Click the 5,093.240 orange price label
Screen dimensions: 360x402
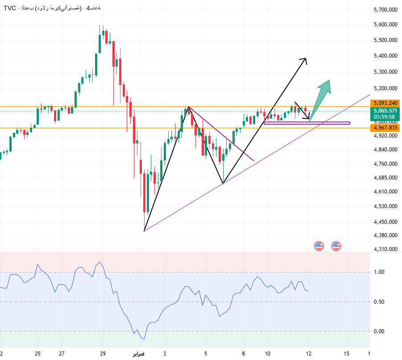(386, 103)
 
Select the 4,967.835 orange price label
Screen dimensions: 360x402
(386, 128)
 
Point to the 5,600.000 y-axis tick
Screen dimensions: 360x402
(386, 25)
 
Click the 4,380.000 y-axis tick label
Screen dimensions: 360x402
(386, 235)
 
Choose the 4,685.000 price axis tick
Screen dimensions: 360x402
(386, 178)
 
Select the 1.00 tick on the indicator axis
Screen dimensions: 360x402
(379, 272)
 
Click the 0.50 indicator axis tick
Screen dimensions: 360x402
(379, 302)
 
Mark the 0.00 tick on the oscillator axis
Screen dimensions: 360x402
(379, 331)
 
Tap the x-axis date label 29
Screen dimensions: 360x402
(103, 353)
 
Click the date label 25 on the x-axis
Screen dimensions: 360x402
(38, 353)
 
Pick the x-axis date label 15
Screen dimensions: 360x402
(347, 353)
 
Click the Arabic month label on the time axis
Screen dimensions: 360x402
(138, 354)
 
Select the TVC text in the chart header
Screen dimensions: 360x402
(9, 8)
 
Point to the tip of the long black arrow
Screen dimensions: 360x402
(306, 59)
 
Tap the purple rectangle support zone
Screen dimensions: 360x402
(307, 123)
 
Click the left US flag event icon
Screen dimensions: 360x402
(319, 245)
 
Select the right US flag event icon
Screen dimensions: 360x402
(336, 245)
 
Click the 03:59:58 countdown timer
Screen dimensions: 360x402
(386, 117)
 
